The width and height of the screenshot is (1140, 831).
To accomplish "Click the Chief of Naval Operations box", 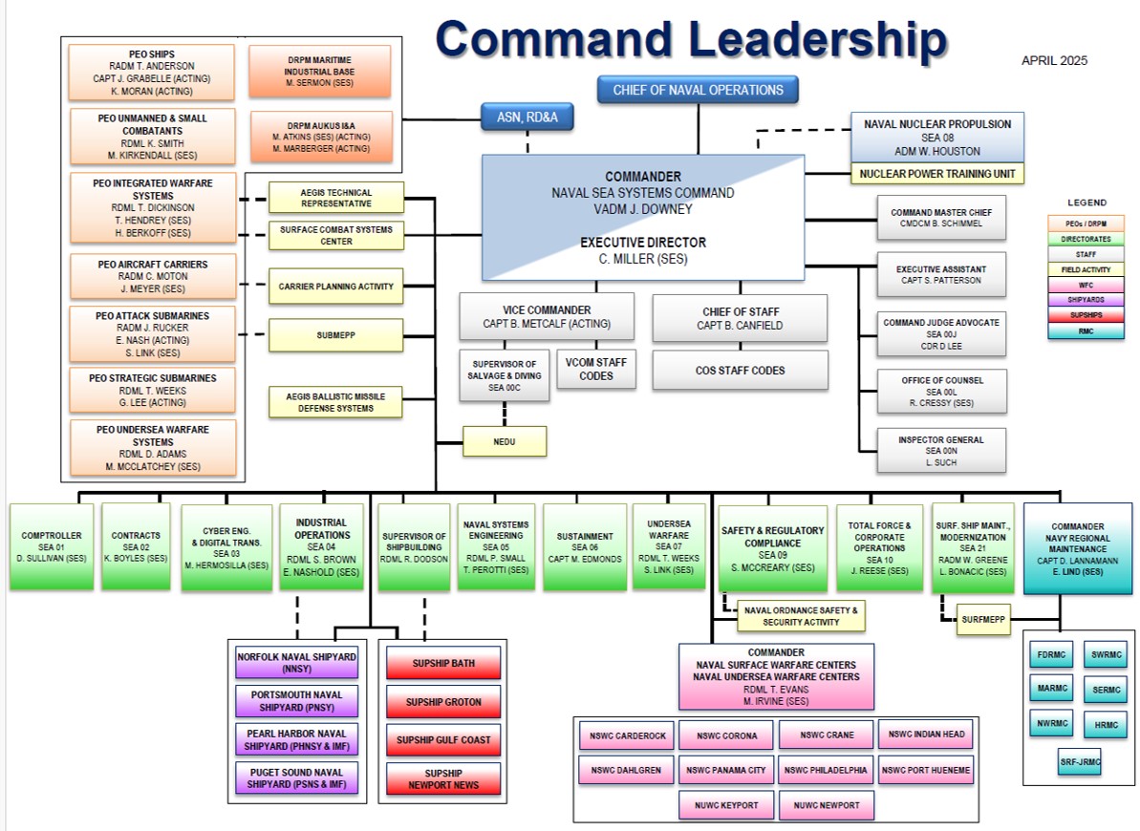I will coord(698,91).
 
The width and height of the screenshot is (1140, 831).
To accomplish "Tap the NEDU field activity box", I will coord(505,441).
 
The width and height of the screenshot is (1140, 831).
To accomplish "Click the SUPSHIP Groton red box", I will coord(443,702).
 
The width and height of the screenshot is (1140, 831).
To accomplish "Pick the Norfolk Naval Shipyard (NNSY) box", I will coord(296,663).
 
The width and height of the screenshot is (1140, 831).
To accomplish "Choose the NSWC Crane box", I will coord(826,735).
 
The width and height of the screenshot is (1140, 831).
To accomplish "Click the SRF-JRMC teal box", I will coord(1078,762).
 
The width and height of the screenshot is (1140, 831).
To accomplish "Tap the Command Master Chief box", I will coord(941,218).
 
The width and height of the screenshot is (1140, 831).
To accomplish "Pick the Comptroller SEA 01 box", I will coord(52,547).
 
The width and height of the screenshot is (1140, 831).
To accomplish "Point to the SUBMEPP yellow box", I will coord(336,335).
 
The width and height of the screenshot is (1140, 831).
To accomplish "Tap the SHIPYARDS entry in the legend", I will coord(1086,298).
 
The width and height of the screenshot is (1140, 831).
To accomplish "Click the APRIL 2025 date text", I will coord(1054,61).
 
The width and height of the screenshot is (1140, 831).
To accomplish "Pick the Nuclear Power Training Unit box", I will coord(936,174).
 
